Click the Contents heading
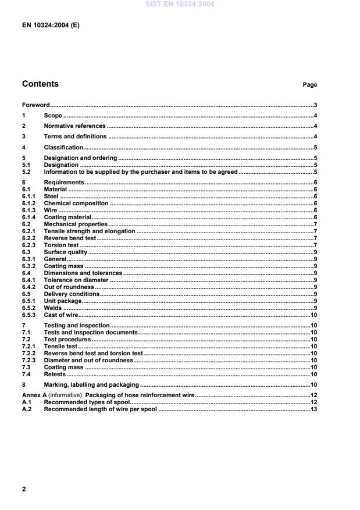coord(40,84)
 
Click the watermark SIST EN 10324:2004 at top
coord(180,4)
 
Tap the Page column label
coord(309,85)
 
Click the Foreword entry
coord(35,106)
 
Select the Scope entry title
coord(53,116)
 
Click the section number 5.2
coord(26,172)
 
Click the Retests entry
coord(55,374)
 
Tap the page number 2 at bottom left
coord(24,489)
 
